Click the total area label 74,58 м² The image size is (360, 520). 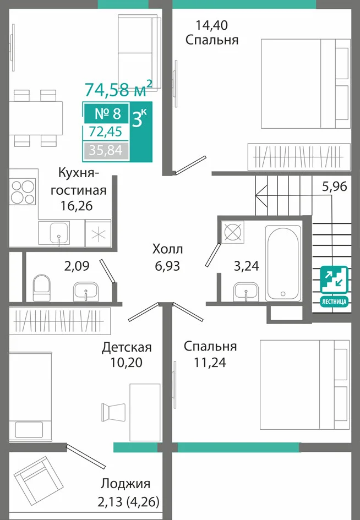[x=118, y=88]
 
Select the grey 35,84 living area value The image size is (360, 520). [x=106, y=150]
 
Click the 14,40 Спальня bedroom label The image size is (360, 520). [x=212, y=32]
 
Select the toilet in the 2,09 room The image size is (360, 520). [x=41, y=288]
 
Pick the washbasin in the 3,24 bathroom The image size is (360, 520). [x=246, y=292]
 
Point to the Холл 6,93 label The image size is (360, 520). [x=167, y=257]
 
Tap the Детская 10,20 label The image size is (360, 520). [x=127, y=354]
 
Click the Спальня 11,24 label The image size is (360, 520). [x=210, y=354]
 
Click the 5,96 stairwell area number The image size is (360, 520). [x=335, y=187]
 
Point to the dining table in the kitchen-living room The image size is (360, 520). [x=36, y=118]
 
